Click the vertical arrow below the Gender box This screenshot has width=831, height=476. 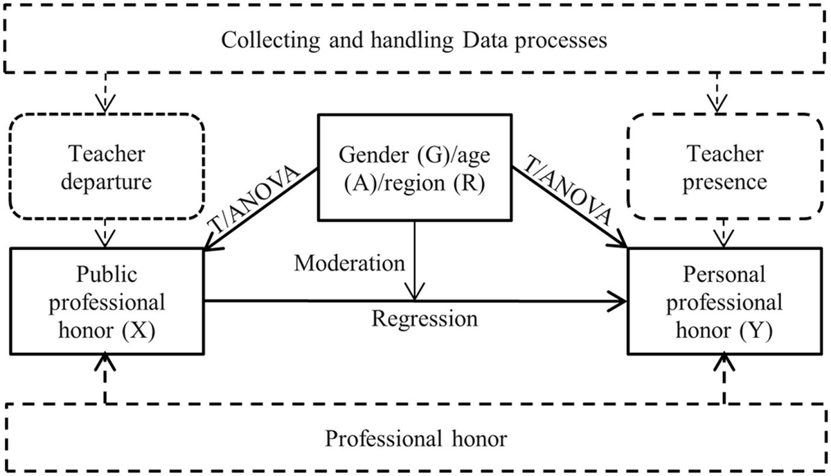413,260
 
